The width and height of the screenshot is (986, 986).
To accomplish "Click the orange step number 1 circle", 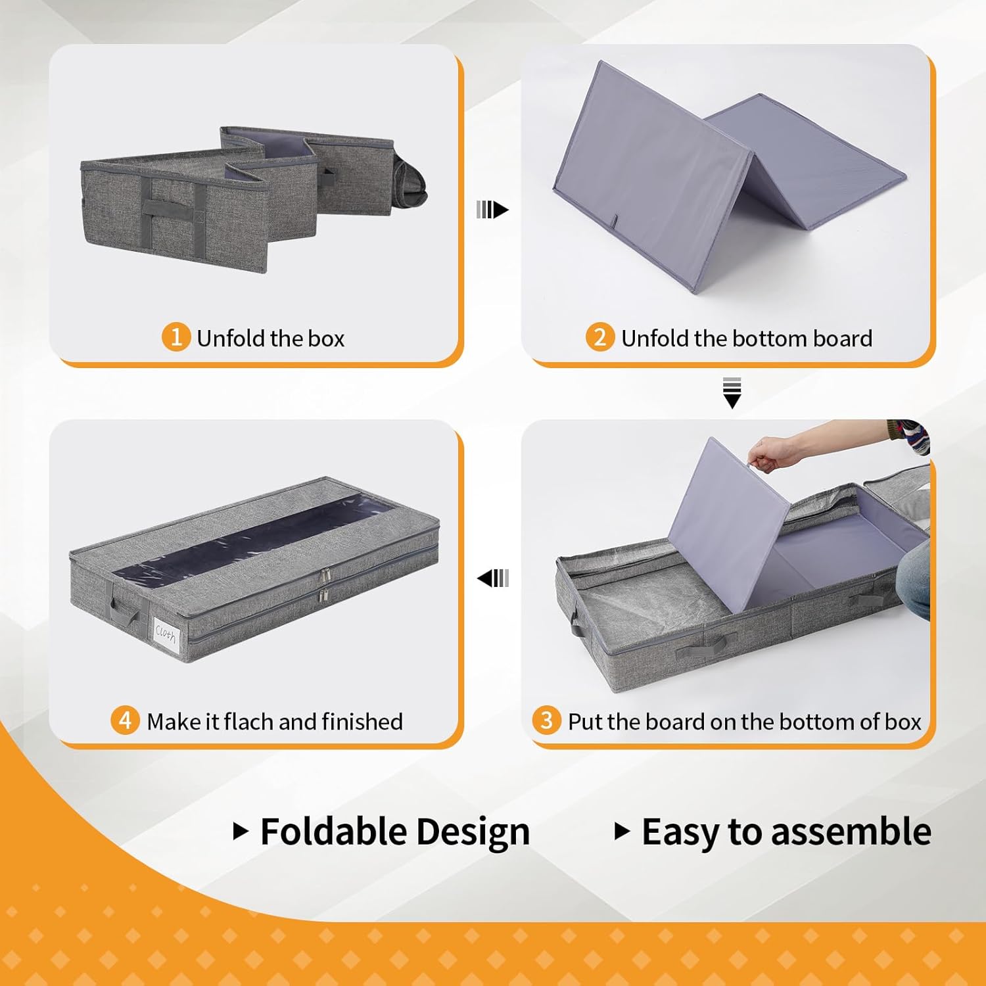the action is (x=176, y=337).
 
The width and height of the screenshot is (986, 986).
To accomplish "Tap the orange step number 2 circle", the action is (x=599, y=337).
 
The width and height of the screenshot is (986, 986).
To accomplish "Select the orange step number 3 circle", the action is (x=546, y=720).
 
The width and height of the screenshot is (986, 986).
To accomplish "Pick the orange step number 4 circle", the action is (x=125, y=720).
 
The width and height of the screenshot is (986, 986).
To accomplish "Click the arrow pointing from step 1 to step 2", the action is (x=492, y=210).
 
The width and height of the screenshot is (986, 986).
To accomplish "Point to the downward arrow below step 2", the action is (x=732, y=393).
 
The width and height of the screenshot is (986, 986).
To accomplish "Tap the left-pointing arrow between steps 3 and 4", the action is (x=493, y=578).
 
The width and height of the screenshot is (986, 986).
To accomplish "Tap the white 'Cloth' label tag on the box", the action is (x=166, y=635).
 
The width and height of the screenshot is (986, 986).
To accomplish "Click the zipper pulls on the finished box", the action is (x=323, y=586).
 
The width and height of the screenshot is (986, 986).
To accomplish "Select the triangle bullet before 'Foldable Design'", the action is (x=241, y=832).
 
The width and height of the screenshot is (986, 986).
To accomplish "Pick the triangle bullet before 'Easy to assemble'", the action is (x=622, y=832).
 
